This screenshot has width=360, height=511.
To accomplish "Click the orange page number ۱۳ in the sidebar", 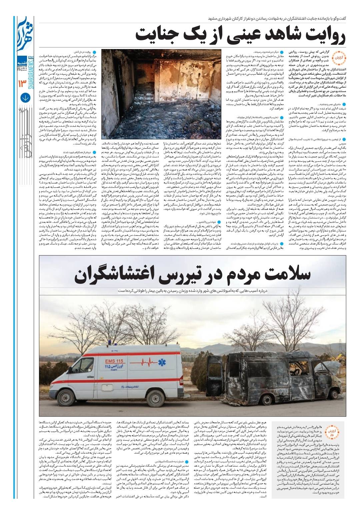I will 25,82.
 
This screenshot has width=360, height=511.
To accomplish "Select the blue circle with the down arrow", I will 25,98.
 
